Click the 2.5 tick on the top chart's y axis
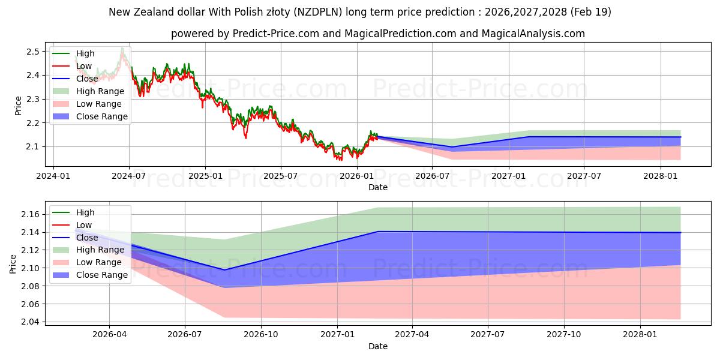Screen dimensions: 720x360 click(33, 52)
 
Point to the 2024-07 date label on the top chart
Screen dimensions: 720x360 click(129, 176)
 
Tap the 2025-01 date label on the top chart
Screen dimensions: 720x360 click(205, 176)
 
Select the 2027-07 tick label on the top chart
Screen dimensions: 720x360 click(584, 176)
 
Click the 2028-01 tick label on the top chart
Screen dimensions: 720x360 click(660, 176)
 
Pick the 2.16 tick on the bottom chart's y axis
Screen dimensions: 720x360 click(30, 214)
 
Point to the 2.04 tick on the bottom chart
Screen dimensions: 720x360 click(30, 322)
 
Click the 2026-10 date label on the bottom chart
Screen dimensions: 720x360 click(261, 335)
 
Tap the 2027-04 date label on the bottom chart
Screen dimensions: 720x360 click(412, 335)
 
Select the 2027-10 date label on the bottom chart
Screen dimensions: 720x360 click(564, 335)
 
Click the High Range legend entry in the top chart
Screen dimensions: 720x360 click(88, 91)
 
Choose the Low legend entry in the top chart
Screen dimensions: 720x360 click(73, 66)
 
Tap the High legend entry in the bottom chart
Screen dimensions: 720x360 click(74, 212)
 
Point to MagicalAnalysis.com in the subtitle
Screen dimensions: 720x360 click(533, 34)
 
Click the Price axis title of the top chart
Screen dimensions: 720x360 click(18, 106)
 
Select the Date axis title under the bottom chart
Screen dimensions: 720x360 click(378, 346)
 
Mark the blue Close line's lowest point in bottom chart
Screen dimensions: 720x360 click(224, 269)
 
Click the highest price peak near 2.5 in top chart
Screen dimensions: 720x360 click(122, 48)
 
